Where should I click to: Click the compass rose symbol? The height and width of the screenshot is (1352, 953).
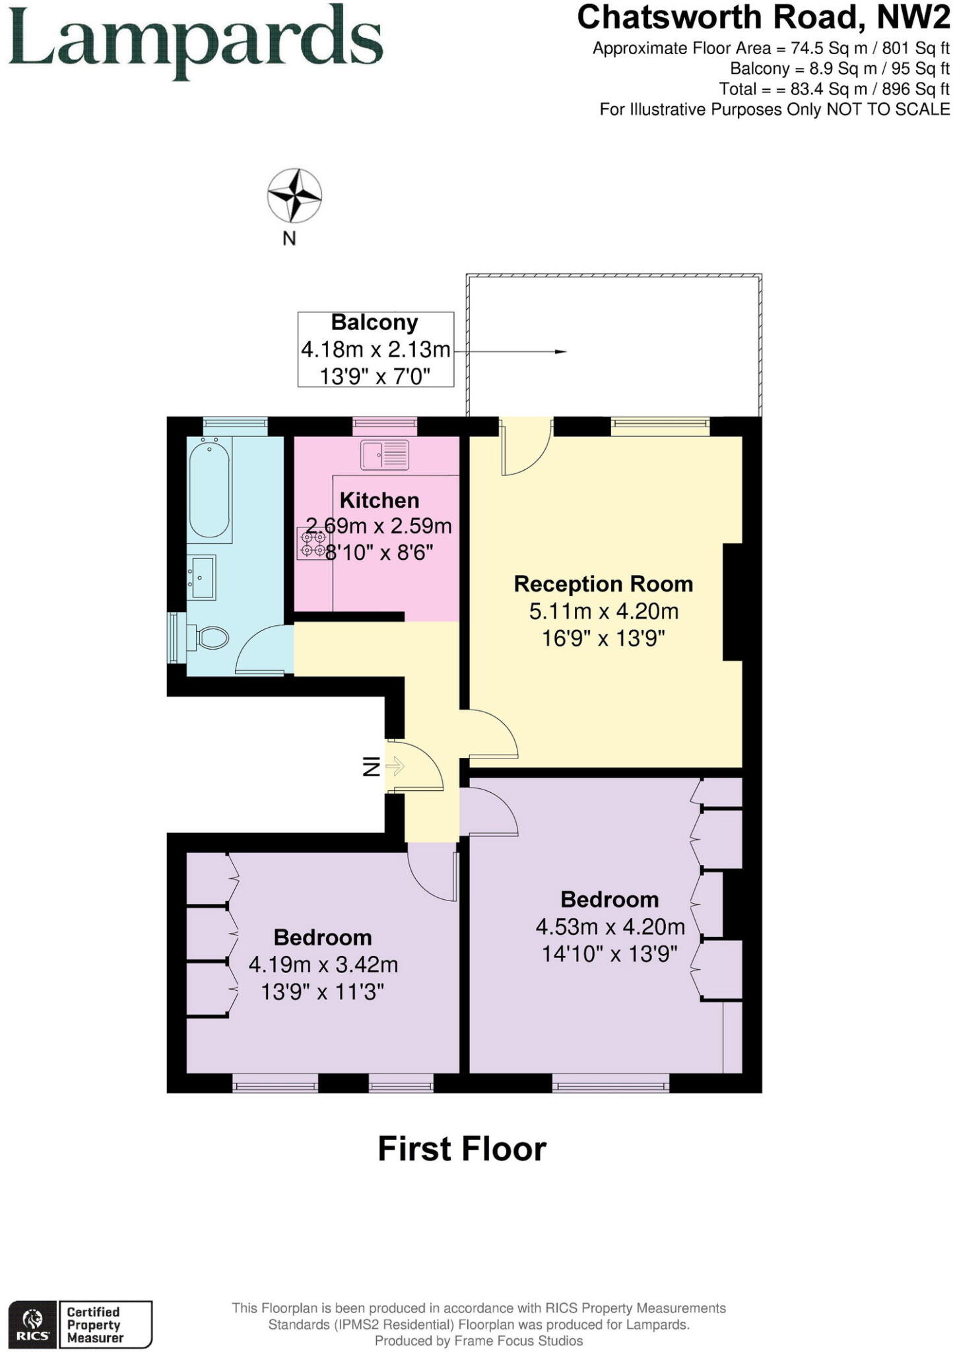pyautogui.click(x=294, y=195)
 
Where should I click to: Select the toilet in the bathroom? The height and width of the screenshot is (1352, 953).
pyautogui.click(x=210, y=638)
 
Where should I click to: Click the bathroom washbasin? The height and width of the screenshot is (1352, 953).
pyautogui.click(x=201, y=578)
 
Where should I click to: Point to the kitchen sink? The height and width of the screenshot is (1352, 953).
pyautogui.click(x=384, y=455)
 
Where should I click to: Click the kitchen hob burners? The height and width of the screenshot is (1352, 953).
pyautogui.click(x=313, y=543)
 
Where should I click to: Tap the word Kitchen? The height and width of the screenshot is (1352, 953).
pyautogui.click(x=379, y=500)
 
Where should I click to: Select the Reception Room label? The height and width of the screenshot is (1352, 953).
pyautogui.click(x=603, y=584)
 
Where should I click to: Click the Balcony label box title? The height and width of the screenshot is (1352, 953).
pyautogui.click(x=374, y=323)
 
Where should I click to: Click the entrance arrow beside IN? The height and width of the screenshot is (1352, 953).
pyautogui.click(x=395, y=766)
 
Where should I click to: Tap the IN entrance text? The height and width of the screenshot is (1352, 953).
pyautogui.click(x=372, y=766)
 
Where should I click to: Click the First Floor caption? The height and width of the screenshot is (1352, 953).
pyautogui.click(x=461, y=1149)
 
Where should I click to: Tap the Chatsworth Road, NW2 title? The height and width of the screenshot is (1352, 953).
pyautogui.click(x=763, y=18)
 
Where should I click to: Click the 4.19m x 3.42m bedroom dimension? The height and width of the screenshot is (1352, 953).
pyautogui.click(x=323, y=965)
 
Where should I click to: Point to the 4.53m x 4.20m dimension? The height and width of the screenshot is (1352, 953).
pyautogui.click(x=610, y=927)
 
